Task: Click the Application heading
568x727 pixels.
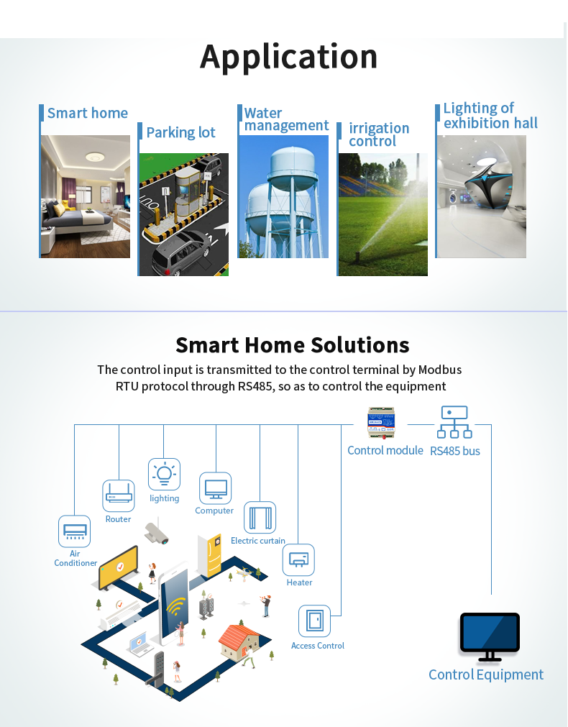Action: point(288,58)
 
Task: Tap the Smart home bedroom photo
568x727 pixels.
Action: point(86,196)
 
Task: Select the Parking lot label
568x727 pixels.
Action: point(181,132)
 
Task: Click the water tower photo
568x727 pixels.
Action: point(283,196)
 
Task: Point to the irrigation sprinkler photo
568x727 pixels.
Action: point(383,214)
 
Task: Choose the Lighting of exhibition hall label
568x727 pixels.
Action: point(490,116)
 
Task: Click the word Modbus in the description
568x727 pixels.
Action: point(440,370)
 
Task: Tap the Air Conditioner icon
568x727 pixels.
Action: point(74,531)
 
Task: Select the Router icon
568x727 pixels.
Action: point(119,495)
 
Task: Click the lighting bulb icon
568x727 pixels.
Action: point(164,475)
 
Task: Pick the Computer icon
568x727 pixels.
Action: point(216,488)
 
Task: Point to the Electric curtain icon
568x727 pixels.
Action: point(260,518)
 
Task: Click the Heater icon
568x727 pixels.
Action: point(298,559)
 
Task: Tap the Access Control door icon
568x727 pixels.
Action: point(315,621)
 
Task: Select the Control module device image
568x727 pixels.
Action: point(381,422)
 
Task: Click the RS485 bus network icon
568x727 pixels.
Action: point(454,422)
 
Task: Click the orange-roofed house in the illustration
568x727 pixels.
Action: point(239,642)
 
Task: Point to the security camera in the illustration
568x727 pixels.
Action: point(157,533)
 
